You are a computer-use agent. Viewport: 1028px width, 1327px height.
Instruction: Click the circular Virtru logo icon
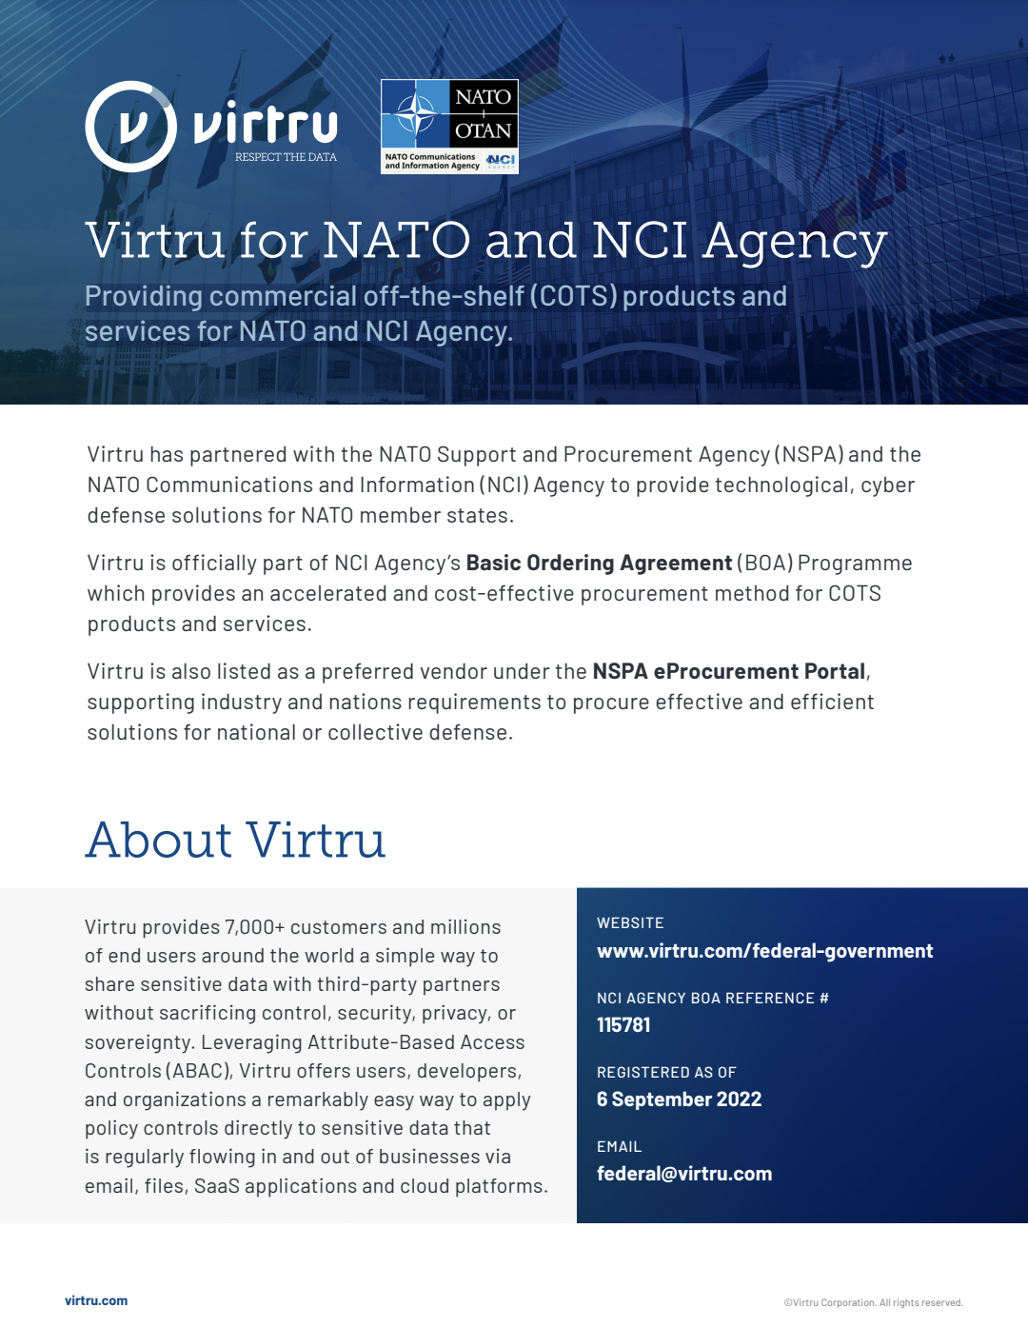pos(130,127)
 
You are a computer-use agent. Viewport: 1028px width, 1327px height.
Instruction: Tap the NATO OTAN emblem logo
pos(449,126)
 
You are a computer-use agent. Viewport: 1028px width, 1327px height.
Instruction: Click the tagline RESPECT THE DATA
pos(286,157)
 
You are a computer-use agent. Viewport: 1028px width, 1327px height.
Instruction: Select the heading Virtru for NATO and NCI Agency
pos(485,240)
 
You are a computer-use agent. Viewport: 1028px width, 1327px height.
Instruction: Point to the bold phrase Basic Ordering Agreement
pos(599,563)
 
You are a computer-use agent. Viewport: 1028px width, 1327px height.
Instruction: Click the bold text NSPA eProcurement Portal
pos(729,671)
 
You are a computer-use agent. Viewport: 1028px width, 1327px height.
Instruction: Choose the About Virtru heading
pos(235,840)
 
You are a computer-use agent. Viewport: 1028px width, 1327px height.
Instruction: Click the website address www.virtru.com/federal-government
pos(764,951)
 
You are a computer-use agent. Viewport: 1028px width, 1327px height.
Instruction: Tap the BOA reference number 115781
pos(623,1025)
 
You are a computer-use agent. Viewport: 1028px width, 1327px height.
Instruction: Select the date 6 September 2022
pos(679,1099)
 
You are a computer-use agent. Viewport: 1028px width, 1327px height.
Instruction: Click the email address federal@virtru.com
pos(684,1174)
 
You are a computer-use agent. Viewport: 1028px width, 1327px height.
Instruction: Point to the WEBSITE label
pos(630,923)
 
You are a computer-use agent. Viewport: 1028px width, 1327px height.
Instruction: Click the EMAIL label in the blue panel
pos(619,1147)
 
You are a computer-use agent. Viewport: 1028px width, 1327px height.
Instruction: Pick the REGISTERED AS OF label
pos(666,1073)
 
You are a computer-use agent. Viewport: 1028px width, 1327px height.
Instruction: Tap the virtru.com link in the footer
pos(96,1300)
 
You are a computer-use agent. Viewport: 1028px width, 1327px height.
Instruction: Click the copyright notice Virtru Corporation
pos(873,1303)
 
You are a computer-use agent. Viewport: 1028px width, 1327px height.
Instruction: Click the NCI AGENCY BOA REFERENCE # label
pos(712,999)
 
